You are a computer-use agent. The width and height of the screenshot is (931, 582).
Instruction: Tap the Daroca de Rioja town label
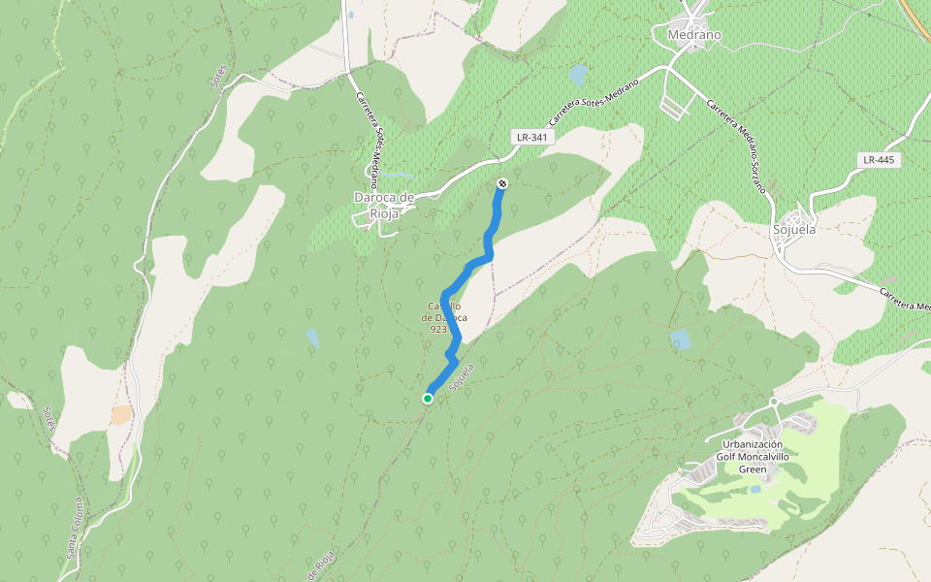click(384, 205)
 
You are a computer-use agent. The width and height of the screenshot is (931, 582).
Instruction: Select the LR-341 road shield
click(532, 137)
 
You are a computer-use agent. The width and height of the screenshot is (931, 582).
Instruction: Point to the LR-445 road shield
click(880, 159)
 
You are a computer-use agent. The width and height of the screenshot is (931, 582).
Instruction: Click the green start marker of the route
click(428, 398)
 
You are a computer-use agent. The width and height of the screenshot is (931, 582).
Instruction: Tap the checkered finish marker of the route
click(502, 183)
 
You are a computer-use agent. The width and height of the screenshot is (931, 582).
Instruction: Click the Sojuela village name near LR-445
click(794, 230)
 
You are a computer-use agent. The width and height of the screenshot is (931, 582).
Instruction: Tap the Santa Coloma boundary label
click(74, 529)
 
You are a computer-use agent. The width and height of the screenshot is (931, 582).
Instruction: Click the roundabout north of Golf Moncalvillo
click(774, 402)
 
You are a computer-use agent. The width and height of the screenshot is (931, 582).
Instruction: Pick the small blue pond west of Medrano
click(579, 75)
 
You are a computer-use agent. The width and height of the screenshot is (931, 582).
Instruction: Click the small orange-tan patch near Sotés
click(121, 414)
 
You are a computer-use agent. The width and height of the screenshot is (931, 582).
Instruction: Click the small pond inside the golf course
click(755, 489)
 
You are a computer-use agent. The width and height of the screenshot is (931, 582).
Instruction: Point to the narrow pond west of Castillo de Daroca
click(311, 338)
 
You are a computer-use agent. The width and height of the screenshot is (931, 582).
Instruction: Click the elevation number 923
click(438, 329)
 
